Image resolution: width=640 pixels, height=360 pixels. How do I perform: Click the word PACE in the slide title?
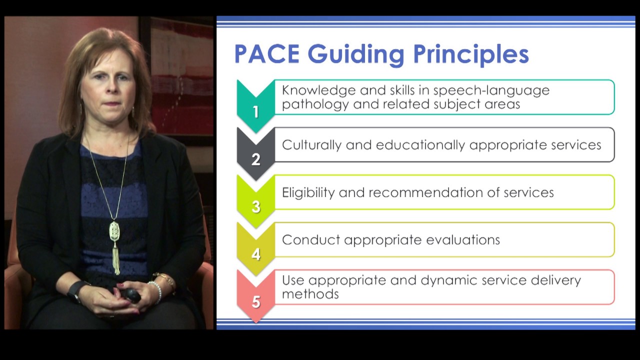pyautogui.click(x=266, y=54)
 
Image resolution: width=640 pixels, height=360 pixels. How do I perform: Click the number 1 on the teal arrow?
pyautogui.click(x=256, y=112)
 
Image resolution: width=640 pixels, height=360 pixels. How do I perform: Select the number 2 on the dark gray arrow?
pyautogui.click(x=256, y=159)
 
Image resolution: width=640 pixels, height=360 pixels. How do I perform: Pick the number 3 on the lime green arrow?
pyautogui.click(x=256, y=207)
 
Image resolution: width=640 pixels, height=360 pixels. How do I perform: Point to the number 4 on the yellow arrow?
pyautogui.click(x=256, y=254)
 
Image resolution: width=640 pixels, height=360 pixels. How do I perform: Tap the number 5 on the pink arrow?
pyautogui.click(x=256, y=302)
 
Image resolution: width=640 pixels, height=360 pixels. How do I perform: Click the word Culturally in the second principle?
pyautogui.click(x=312, y=145)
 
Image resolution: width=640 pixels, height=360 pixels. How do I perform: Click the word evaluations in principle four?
pyautogui.click(x=463, y=240)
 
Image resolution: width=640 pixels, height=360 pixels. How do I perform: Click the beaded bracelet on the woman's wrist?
pyautogui.click(x=156, y=291)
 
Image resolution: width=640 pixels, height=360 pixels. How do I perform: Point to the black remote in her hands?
pyautogui.click(x=132, y=295)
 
